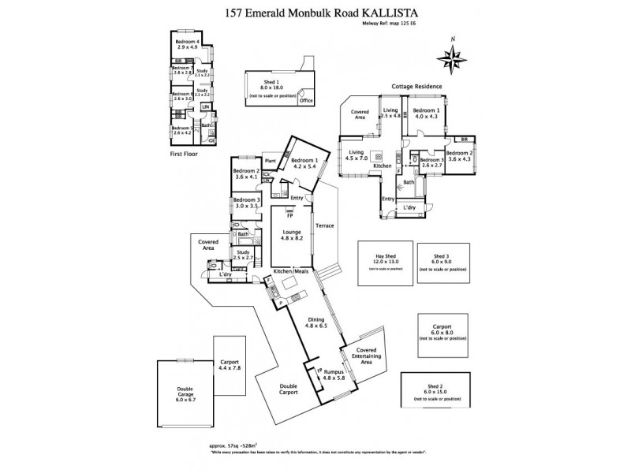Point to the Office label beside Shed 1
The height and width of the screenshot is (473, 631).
(305, 101)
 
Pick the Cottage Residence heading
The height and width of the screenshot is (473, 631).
(417, 86)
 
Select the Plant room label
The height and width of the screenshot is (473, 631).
(270, 161)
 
